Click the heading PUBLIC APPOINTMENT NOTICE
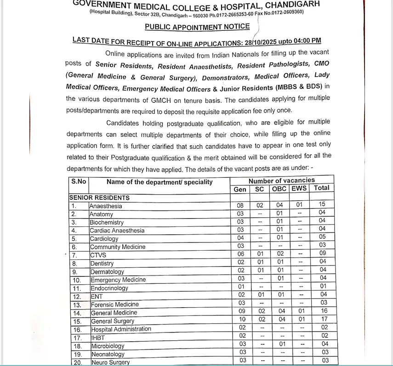click(197, 27)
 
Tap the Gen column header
click(240, 189)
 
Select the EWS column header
click(299, 188)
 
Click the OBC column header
click(279, 189)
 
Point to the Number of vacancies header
click(282, 180)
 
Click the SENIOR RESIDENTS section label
click(99, 198)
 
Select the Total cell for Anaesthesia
click(322, 204)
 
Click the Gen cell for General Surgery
click(242, 319)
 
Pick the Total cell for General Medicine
click(324, 311)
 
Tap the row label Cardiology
click(104, 239)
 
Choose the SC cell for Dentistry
click(261, 262)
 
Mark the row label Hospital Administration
click(121, 329)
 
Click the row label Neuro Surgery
click(110, 362)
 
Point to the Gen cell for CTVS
click(241, 254)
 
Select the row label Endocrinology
click(109, 288)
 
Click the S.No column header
click(79, 181)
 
